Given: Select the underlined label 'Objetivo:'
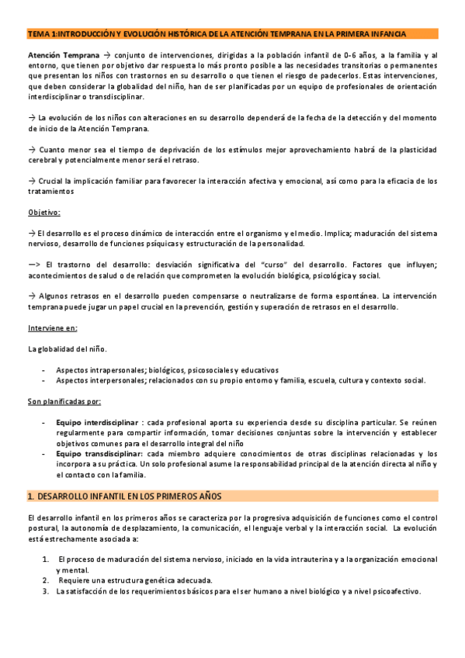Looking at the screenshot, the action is (43, 212).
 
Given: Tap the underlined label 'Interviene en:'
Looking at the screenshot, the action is (52, 327).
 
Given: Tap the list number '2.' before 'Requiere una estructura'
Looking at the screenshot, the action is (46, 580).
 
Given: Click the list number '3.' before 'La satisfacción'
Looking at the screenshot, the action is (46, 591).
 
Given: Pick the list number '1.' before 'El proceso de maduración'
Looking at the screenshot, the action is (46, 559).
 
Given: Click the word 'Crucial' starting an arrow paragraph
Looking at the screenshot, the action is (52, 181).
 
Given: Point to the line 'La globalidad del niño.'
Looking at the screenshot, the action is (68, 349).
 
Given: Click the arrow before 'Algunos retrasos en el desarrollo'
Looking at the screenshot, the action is (31, 296).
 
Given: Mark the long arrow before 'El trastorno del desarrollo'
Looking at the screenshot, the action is (34, 265).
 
